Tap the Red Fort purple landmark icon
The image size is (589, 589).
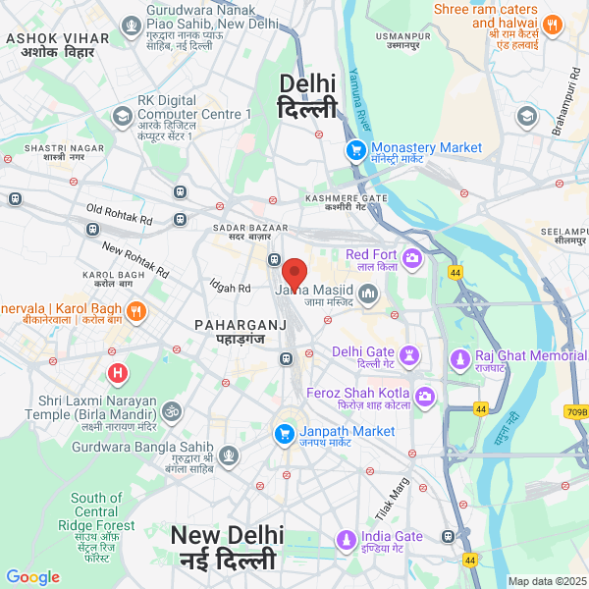click(x=412, y=258)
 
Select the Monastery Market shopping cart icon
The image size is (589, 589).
click(x=354, y=150)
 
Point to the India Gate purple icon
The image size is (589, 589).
click(x=346, y=539)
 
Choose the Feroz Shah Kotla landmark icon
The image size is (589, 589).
click(x=425, y=397)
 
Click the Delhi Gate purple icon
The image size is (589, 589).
click(x=411, y=353)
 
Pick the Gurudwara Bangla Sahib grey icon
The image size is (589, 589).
click(x=229, y=455)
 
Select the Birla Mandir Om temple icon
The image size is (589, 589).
click(x=172, y=410)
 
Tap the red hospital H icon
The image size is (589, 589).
click(x=118, y=374)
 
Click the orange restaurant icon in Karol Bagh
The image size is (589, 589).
click(x=136, y=311)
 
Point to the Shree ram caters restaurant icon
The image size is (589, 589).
click(x=552, y=26)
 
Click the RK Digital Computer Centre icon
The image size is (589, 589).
click(x=122, y=117)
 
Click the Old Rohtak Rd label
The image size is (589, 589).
click(x=120, y=210)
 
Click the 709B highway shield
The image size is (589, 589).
click(x=576, y=412)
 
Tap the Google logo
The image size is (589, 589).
click(x=33, y=577)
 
